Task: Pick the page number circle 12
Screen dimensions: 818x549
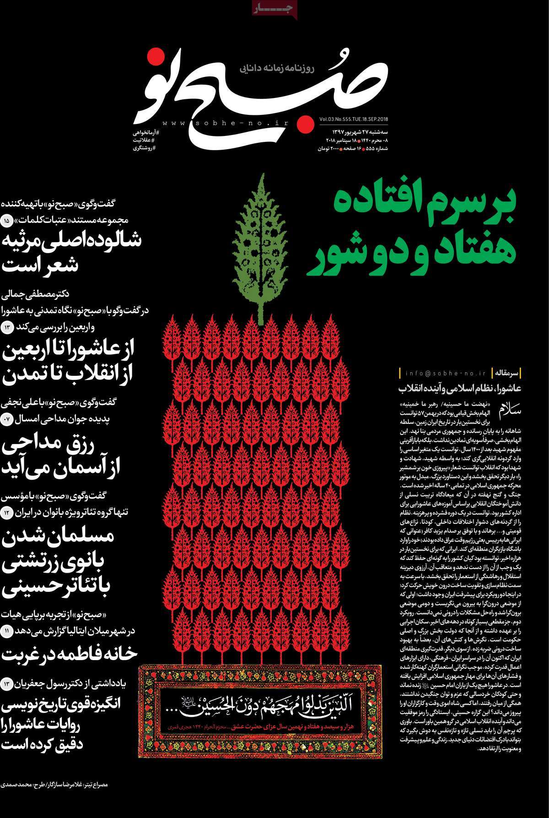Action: click(8, 512)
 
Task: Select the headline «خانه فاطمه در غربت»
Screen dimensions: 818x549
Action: click(70, 653)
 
